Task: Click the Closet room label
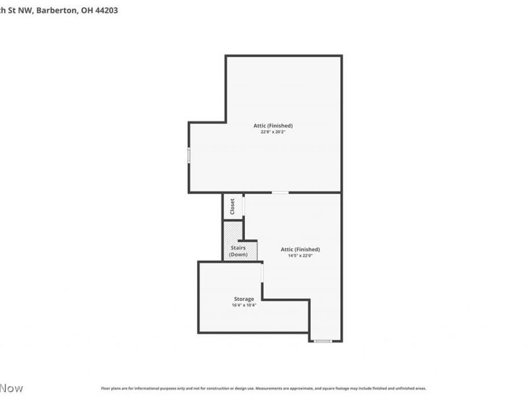tap(233, 207)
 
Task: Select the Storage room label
tap(243, 299)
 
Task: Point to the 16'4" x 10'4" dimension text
tap(243, 305)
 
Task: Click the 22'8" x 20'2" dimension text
tap(273, 132)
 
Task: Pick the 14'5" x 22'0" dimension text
tap(300, 255)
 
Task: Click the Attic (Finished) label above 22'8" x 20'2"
tap(273, 125)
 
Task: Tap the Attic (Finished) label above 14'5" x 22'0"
tap(300, 249)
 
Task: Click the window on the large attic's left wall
tap(189, 156)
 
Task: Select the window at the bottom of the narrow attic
tap(322, 341)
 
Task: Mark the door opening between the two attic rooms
tap(280, 193)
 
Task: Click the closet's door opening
tap(244, 206)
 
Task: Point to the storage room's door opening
tap(262, 271)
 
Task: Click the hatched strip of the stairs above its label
tap(230, 232)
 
